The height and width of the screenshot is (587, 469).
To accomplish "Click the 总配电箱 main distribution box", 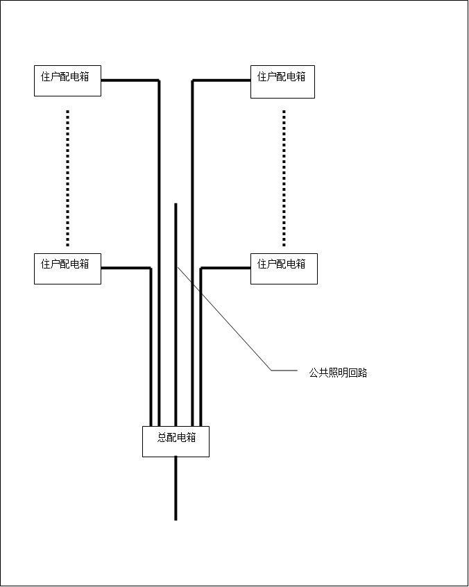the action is pyautogui.click(x=176, y=441).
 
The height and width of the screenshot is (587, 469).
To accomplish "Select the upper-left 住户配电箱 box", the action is pyautogui.click(x=67, y=81).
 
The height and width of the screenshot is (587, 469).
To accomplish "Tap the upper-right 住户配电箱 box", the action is pyautogui.click(x=282, y=82).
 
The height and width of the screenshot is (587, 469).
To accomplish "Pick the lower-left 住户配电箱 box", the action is pyautogui.click(x=67, y=269).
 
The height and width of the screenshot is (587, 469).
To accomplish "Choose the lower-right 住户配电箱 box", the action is pyautogui.click(x=284, y=269).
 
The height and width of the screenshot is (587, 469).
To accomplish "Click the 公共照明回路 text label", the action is pyautogui.click(x=338, y=373).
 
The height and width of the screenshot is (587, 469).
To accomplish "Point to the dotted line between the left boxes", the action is pyautogui.click(x=67, y=178).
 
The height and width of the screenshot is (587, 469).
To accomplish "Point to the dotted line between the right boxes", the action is pyautogui.click(x=284, y=178).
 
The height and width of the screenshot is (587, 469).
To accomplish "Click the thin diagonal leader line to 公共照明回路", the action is pyautogui.click(x=224, y=318).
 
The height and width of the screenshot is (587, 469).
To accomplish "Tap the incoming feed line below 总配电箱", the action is pyautogui.click(x=176, y=488).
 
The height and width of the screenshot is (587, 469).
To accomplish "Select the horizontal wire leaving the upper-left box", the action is pyautogui.click(x=130, y=80).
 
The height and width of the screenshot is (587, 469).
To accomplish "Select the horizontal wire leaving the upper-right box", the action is pyautogui.click(x=221, y=80).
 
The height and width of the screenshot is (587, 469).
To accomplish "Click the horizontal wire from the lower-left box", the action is pyautogui.click(x=126, y=268).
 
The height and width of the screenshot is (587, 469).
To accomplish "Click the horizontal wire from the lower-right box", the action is pyautogui.click(x=225, y=268).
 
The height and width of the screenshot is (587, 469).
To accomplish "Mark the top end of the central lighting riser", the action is pyautogui.click(x=176, y=204).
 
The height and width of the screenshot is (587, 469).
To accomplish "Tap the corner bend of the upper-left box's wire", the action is pyautogui.click(x=159, y=80).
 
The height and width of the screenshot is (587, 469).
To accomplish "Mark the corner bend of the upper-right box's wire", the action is pyautogui.click(x=193, y=80).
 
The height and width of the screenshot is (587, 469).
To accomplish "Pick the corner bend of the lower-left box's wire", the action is pyautogui.click(x=151, y=269).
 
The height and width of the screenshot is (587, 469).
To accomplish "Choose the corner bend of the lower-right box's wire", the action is pyautogui.click(x=201, y=269).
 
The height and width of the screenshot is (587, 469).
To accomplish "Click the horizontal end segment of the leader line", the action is pyautogui.click(x=284, y=371).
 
